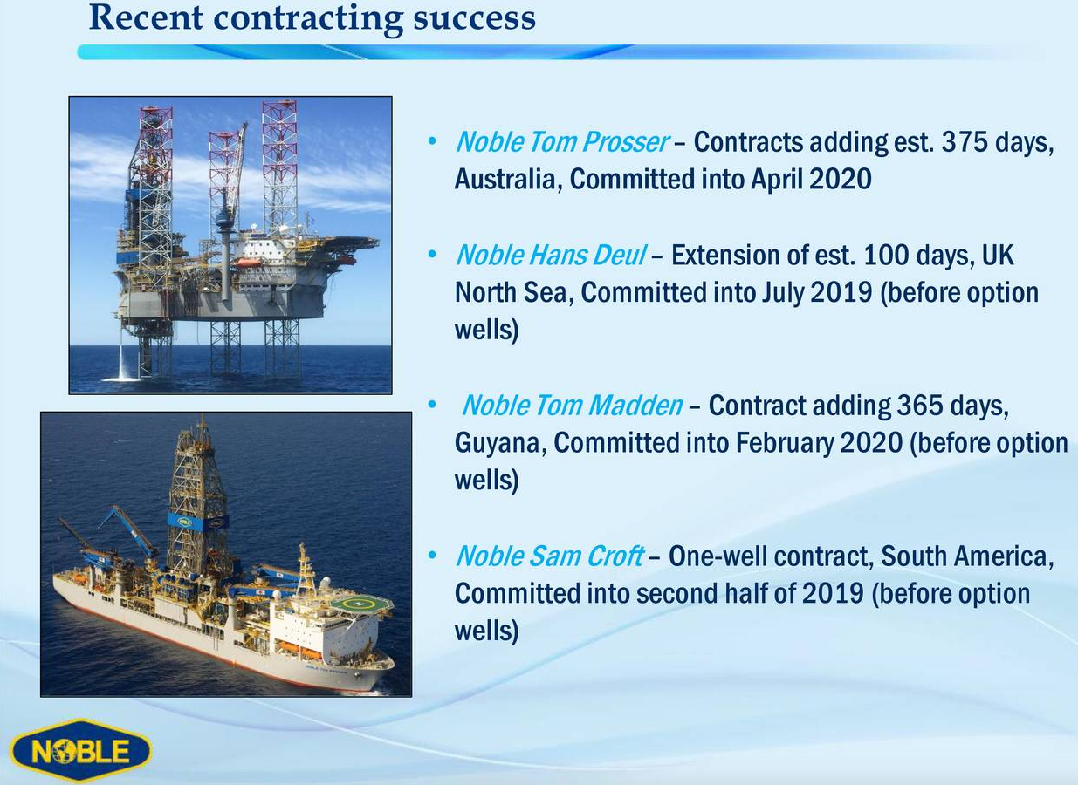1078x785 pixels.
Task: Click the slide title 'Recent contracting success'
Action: (312, 17)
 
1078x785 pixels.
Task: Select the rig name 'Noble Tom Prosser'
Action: (562, 141)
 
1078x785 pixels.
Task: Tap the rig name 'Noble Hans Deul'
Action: (550, 256)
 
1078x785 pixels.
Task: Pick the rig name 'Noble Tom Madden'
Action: (571, 406)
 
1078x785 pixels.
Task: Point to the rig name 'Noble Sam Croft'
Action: (549, 556)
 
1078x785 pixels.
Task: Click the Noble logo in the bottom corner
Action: (80, 751)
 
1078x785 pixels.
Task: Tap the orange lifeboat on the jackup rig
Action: (250, 261)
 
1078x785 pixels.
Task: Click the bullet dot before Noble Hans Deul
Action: (433, 256)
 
